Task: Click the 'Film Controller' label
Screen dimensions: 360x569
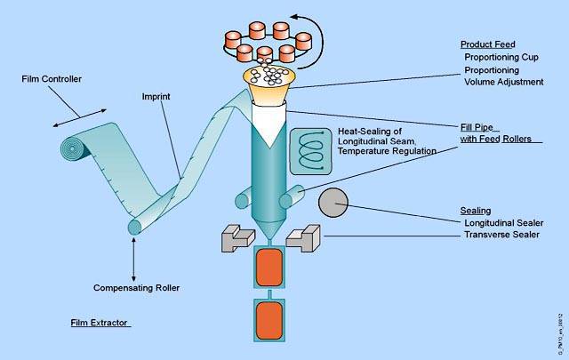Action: [x=52, y=79]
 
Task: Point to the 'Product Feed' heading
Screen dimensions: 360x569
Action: [x=486, y=44]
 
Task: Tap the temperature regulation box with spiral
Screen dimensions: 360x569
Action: [x=310, y=149]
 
